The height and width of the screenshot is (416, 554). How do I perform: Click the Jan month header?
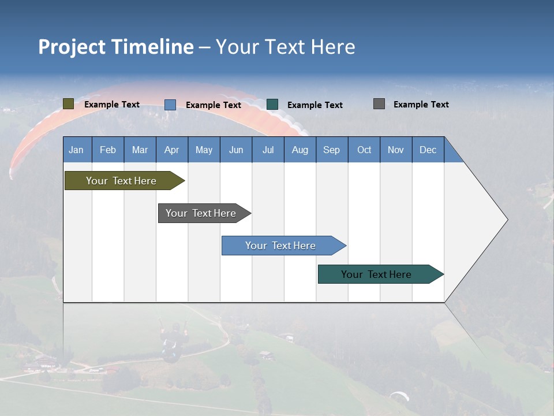(x=77, y=150)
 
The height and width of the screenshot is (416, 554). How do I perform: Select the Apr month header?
(x=171, y=150)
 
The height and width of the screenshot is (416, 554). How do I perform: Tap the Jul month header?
(x=268, y=150)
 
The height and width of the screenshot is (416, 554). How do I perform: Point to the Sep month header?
(x=331, y=150)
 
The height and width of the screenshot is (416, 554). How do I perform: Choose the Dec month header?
(x=428, y=150)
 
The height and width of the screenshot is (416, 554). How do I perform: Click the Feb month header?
(x=108, y=150)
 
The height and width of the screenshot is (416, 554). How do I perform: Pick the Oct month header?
(x=364, y=150)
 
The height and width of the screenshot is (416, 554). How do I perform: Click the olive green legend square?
(x=68, y=104)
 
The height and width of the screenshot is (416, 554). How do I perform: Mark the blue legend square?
(x=170, y=105)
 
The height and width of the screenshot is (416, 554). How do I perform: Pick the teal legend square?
(x=272, y=105)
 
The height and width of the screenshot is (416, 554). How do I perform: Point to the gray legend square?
(x=379, y=104)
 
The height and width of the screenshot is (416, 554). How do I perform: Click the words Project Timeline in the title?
(x=115, y=47)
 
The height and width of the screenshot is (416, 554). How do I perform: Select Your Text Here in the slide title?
(x=285, y=47)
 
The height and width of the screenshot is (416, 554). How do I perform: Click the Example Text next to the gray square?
(x=421, y=105)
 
